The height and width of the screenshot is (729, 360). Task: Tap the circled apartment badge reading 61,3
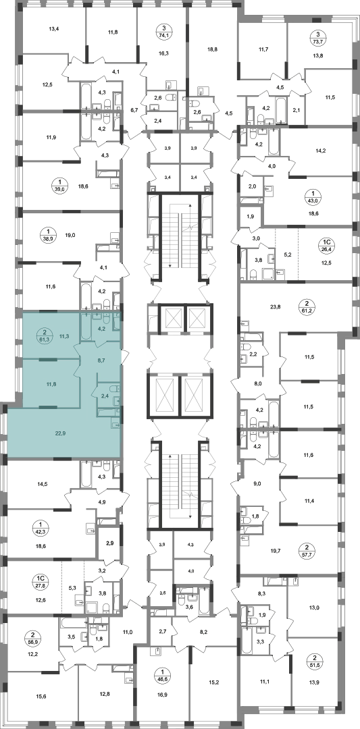[x=44, y=335]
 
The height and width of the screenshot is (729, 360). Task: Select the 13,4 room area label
[x=54, y=28]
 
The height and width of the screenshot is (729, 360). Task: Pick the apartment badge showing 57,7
[x=307, y=549]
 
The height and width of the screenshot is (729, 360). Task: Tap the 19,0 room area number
[x=70, y=236]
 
